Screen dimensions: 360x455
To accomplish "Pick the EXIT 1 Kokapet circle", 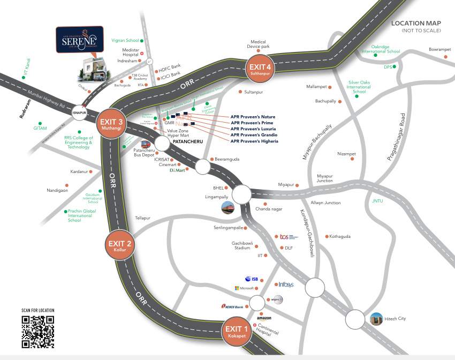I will [237, 332].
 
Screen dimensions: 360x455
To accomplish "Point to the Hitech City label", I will [395, 319].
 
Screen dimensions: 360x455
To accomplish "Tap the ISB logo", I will [252, 279].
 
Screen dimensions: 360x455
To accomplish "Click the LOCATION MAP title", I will [416, 24].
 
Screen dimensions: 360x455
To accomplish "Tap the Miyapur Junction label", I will [325, 178].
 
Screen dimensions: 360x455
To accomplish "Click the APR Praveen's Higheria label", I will [254, 141].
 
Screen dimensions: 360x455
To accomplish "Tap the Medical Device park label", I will [258, 44].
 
